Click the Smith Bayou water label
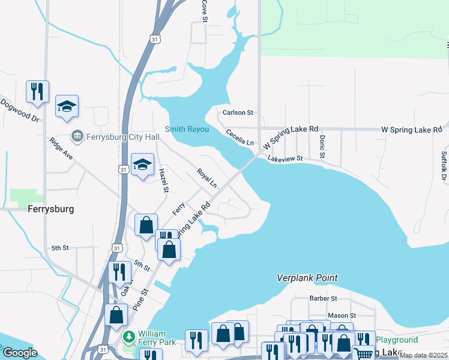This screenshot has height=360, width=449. click(x=187, y=129)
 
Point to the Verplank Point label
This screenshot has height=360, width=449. click(x=307, y=278)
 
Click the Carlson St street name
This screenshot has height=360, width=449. click(x=238, y=112)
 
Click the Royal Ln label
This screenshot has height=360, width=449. click(x=206, y=178)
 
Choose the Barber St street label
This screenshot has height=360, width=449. click(x=324, y=298)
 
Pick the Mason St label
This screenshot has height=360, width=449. click(x=342, y=315)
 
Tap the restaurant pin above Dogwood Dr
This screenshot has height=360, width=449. click(x=37, y=91)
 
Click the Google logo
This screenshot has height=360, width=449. click(x=20, y=353)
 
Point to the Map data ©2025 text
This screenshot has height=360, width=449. click(x=423, y=355)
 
